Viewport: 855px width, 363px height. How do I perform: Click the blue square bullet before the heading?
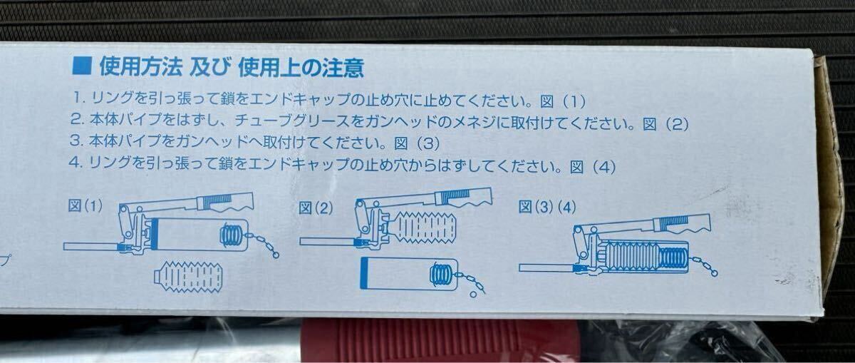(82, 68)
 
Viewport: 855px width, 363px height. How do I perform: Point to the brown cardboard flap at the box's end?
(830, 178)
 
